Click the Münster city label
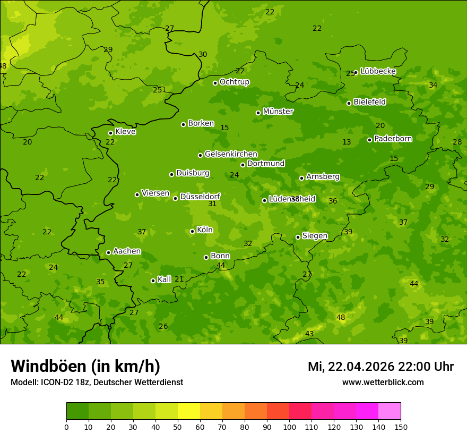coord(278,112)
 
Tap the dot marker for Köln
coord(192,231)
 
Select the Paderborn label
coord(393,139)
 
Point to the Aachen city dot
coord(108,252)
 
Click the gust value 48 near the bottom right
coord(341,317)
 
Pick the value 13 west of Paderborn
coord(347,142)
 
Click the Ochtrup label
coord(234,82)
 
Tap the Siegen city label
coord(315,236)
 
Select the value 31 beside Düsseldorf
coord(212,203)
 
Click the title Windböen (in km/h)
coord(85,366)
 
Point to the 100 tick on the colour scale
coord(289,427)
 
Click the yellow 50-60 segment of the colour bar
coord(189,411)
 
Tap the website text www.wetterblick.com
coord(383,382)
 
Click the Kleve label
coord(125,132)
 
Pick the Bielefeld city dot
coord(349,103)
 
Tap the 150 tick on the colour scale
coord(401,427)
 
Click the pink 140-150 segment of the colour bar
coord(390,411)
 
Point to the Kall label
coord(164,279)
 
